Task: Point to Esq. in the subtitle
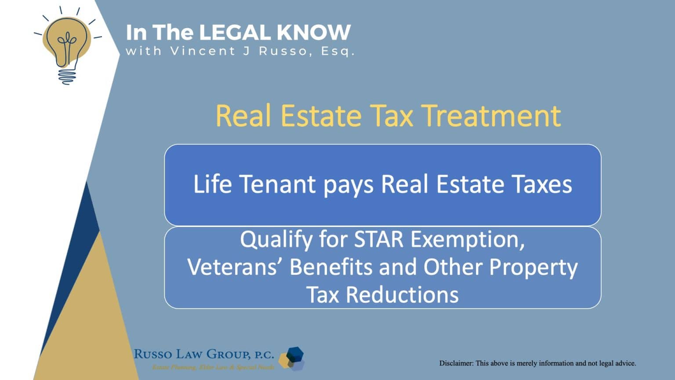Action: [337, 51]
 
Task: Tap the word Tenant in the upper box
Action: [277, 184]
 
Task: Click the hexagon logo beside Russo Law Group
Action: [292, 358]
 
